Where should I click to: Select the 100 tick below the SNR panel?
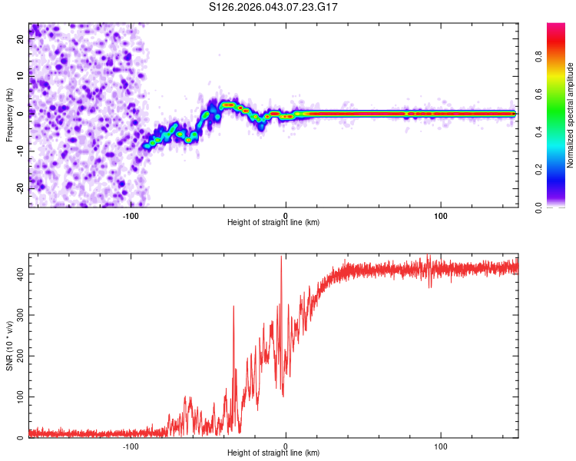441,446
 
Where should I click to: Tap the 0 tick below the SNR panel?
286,446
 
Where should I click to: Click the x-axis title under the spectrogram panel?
273,223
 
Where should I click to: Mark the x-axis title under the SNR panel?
273,453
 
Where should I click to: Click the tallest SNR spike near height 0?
281,258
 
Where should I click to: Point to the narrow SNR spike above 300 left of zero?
233,307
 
